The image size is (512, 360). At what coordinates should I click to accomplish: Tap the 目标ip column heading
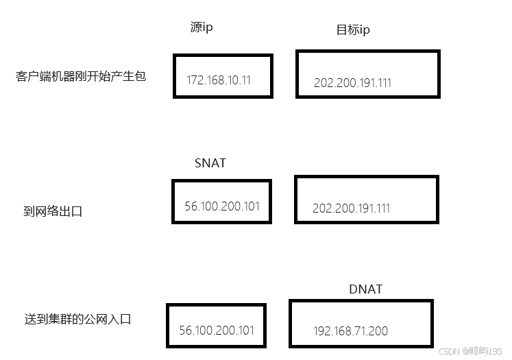[x=353, y=30]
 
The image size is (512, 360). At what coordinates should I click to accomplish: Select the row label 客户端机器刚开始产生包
[x=81, y=76]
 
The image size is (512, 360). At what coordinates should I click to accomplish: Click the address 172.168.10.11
[x=219, y=80]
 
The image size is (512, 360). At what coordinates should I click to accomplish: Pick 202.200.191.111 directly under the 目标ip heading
[x=352, y=83]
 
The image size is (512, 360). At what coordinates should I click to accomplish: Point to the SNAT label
[x=210, y=163]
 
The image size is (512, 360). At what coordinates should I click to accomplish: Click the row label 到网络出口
[x=53, y=211]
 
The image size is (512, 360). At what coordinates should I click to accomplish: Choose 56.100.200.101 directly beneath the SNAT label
[x=222, y=206]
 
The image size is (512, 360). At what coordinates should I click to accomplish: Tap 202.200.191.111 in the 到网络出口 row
[x=351, y=208]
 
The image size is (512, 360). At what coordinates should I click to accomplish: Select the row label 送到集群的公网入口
[x=77, y=319]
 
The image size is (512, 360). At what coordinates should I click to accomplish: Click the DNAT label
[x=365, y=289]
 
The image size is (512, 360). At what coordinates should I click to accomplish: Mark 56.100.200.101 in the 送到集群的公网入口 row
[x=217, y=330]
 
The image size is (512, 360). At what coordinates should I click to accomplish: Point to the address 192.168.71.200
[x=350, y=331]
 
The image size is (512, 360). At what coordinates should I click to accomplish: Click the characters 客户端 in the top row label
[x=36, y=76]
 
